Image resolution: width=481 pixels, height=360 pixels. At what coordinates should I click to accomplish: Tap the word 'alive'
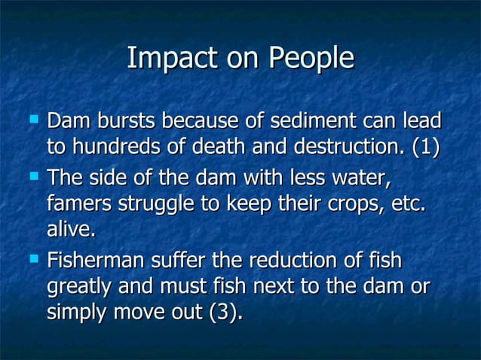[x=69, y=229]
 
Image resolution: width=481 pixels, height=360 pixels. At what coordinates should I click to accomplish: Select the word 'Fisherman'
[x=97, y=261]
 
